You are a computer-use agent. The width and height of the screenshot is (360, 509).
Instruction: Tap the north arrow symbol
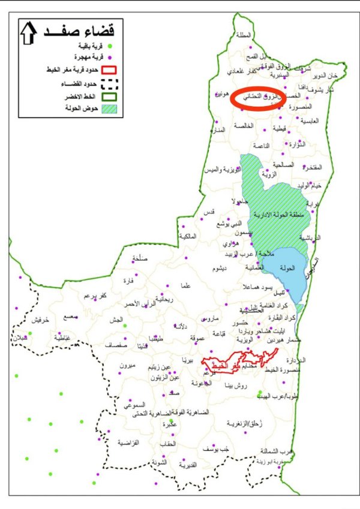(x=28, y=32)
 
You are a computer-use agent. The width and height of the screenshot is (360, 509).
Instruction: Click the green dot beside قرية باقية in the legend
(x=110, y=46)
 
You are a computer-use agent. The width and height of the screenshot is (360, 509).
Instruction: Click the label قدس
(x=209, y=213)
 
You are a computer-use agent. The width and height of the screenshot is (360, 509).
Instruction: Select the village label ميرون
(x=128, y=365)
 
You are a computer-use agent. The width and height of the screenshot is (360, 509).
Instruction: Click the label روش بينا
(x=234, y=387)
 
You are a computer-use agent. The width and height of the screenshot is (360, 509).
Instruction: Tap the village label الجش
(x=116, y=321)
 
